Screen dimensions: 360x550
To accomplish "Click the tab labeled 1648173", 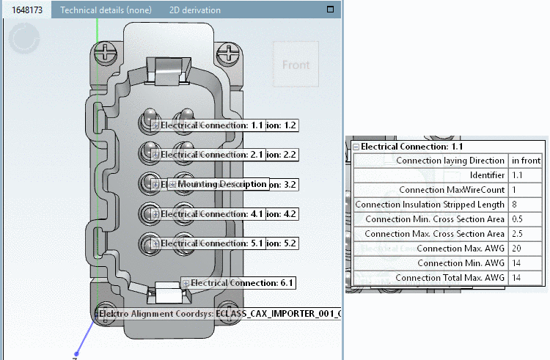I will tap(26, 10).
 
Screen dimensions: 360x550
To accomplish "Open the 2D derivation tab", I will tap(194, 10).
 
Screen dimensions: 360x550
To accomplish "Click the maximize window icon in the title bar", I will tap(330, 10).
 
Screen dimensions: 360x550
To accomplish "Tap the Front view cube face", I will tap(296, 65).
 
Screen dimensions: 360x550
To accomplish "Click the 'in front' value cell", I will tap(526, 161).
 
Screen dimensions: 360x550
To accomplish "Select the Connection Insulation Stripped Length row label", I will tap(430, 204).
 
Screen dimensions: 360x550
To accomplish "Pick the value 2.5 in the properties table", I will tap(518, 234).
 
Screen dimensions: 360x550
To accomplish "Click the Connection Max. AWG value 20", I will tap(517, 249).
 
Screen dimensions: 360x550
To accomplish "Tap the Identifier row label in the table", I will tap(487, 175).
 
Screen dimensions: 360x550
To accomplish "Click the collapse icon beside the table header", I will tap(356, 147).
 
